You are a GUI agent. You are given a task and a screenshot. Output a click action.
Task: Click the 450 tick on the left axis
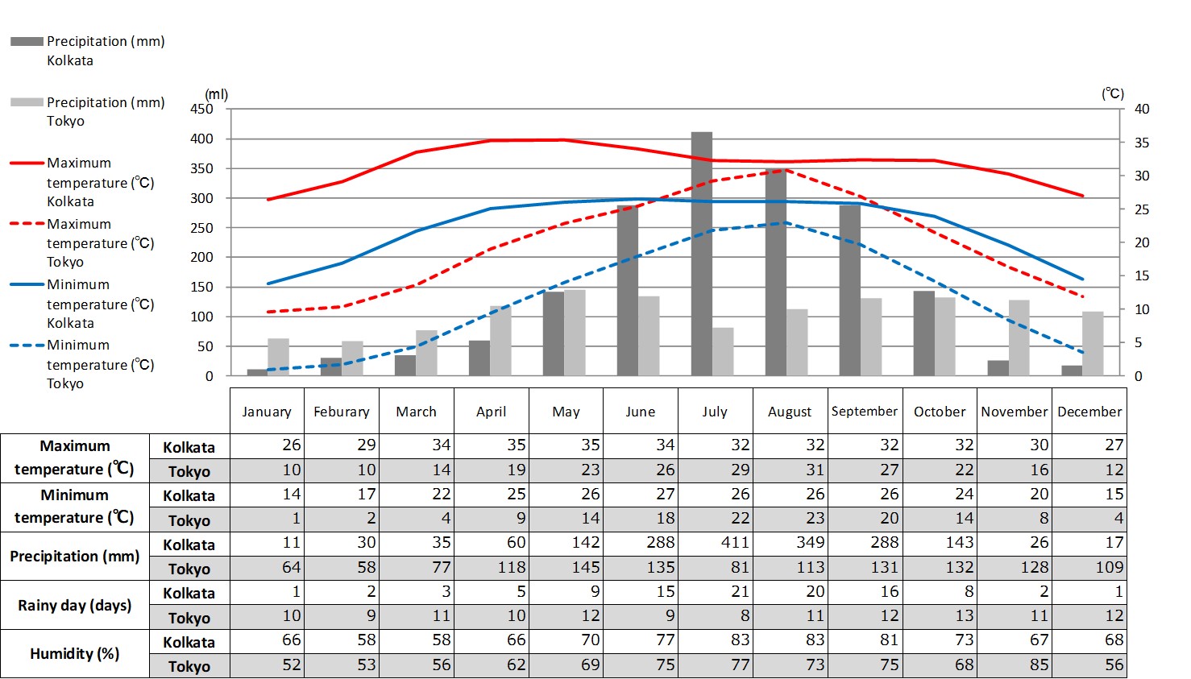(x=201, y=109)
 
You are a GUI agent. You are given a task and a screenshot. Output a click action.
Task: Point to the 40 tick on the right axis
(x=1142, y=109)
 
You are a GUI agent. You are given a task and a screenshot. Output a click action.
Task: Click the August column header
(x=790, y=412)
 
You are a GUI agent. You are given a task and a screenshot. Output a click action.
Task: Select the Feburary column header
(x=342, y=412)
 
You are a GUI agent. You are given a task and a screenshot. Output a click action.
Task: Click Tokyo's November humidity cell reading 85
(x=1015, y=665)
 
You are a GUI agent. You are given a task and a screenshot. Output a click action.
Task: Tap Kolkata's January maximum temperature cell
(x=268, y=445)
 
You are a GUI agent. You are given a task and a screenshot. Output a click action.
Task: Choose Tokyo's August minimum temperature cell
(x=790, y=519)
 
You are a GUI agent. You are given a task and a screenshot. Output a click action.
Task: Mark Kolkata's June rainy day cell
(x=641, y=592)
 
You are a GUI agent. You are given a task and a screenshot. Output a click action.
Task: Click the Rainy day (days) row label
(x=75, y=605)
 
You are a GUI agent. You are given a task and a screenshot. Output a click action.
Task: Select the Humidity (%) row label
(x=75, y=653)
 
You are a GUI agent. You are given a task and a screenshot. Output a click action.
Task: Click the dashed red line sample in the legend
(x=27, y=223)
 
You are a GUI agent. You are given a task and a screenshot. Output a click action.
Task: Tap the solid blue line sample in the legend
(x=27, y=284)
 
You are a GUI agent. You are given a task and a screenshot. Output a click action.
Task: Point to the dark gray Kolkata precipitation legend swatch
(x=27, y=41)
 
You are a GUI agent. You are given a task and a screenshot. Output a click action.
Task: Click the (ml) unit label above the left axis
(x=217, y=94)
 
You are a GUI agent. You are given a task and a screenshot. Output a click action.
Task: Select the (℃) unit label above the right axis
(x=1113, y=93)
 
